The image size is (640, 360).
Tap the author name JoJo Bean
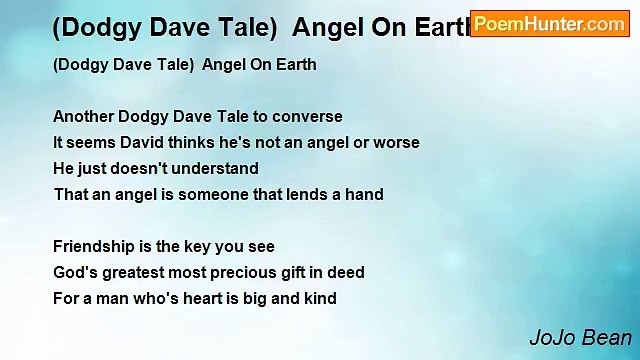coord(580,338)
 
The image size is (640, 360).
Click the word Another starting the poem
coord(83,117)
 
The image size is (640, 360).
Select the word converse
coord(308,117)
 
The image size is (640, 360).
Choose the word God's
coord(73,273)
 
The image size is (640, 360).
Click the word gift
coord(291,273)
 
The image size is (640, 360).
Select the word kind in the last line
coord(318,299)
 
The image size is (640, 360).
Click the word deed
coord(345,273)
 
